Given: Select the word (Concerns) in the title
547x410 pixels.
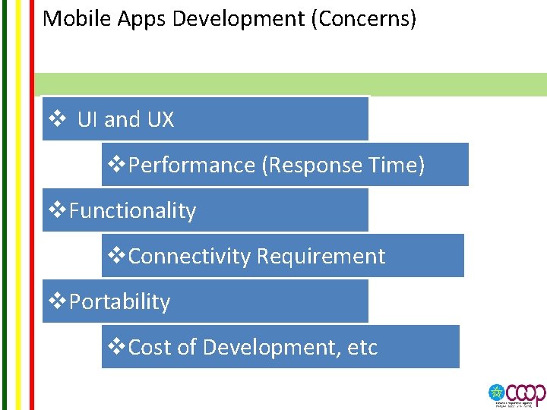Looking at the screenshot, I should pyautogui.click(x=364, y=18).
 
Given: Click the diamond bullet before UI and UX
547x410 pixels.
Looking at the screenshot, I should pyautogui.click(x=56, y=119).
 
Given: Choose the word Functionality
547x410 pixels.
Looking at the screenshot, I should pyautogui.click(x=132, y=210).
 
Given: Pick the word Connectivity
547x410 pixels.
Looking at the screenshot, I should pyautogui.click(x=189, y=256).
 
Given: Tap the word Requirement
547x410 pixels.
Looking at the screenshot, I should pyautogui.click(x=321, y=256).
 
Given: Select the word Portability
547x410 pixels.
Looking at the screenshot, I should pyautogui.click(x=119, y=301).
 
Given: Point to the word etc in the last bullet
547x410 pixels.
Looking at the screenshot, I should pyautogui.click(x=362, y=347).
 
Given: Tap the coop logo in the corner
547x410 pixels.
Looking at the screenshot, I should pyautogui.click(x=517, y=394).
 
